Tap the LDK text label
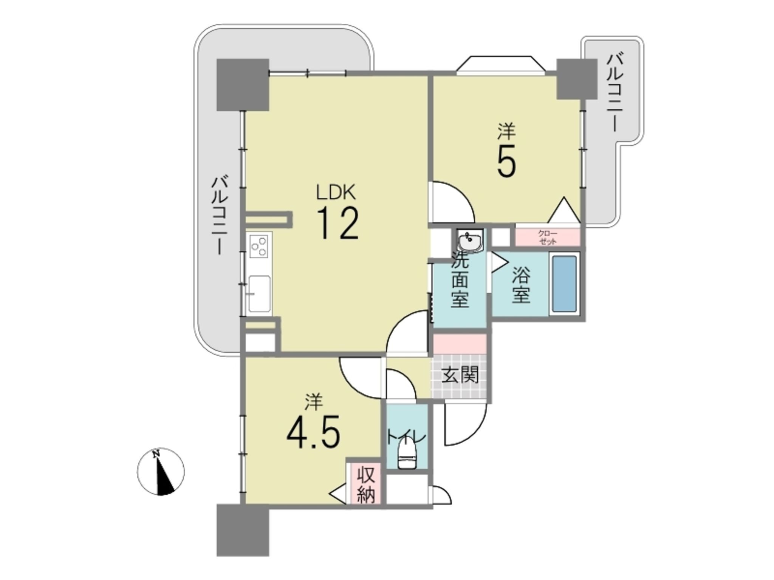tap(336, 193)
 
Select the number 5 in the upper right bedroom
tap(506, 160)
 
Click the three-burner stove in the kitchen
tap(259, 246)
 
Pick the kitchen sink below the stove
tap(259, 294)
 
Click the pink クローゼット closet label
tap(548, 238)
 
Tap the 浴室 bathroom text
tap(521, 285)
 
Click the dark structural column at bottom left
tap(243, 530)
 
